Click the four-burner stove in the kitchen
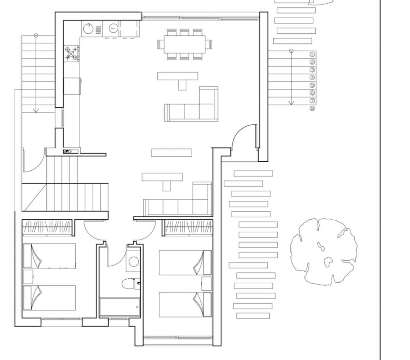pyautogui.click(x=72, y=54)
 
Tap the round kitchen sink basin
pyautogui.click(x=88, y=28)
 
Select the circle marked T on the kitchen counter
pyautogui.click(x=113, y=28)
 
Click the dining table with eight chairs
pyautogui.click(x=185, y=44)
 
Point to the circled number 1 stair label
pyautogui.click(x=312, y=54)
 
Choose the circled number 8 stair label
pyautogui.click(x=312, y=108)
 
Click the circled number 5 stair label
pyautogui.click(x=312, y=85)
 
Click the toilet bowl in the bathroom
pyautogui.click(x=128, y=283)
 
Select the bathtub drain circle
pyautogui.click(x=137, y=307)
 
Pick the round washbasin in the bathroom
pyautogui.click(x=134, y=261)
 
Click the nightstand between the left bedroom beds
pyautogui.click(x=28, y=277)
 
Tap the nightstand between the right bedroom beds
pyautogui.click(x=206, y=283)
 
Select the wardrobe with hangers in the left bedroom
pyautogui.click(x=47, y=227)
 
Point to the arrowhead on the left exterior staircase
pyautogui.click(x=36, y=110)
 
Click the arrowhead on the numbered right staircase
pyautogui.click(x=291, y=103)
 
